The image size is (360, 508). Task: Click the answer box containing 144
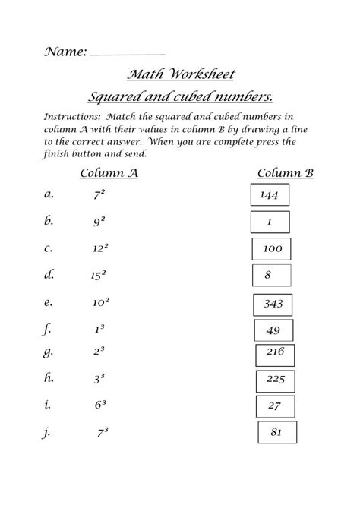(x=269, y=195)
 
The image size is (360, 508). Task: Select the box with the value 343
(x=273, y=304)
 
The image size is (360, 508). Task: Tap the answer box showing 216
(x=274, y=352)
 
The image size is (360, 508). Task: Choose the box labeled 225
(x=274, y=379)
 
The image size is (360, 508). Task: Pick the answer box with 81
(x=276, y=432)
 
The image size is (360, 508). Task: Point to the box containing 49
(x=273, y=330)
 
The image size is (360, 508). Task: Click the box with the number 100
(x=272, y=248)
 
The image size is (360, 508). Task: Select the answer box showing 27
(x=274, y=405)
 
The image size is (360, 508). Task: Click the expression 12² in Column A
(x=100, y=248)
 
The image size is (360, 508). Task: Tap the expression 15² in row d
(x=99, y=274)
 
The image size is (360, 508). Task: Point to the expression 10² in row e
(x=100, y=301)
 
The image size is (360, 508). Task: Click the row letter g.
(x=49, y=352)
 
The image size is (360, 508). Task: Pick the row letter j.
(x=49, y=433)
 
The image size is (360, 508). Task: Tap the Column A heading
(x=109, y=172)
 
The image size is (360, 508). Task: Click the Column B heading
(x=285, y=172)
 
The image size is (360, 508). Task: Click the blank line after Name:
(x=127, y=54)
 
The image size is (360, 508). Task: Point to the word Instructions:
(x=71, y=118)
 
